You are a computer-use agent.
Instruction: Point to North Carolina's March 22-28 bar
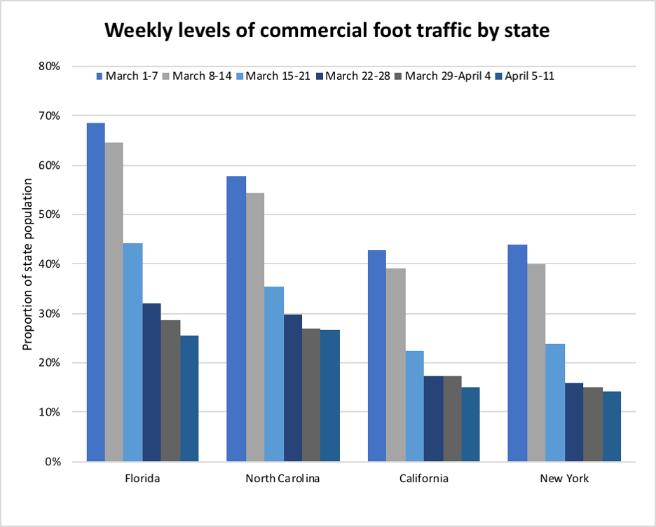[x=292, y=388]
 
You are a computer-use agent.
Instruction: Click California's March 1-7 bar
[x=377, y=356]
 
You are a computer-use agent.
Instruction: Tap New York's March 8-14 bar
[x=536, y=363]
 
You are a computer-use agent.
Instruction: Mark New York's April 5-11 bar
[x=611, y=427]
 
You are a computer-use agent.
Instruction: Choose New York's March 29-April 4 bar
[x=592, y=425]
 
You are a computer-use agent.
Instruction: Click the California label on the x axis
[x=424, y=479]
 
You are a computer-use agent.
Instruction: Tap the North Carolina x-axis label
[x=282, y=479]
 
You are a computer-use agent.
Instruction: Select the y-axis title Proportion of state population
[x=28, y=264]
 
